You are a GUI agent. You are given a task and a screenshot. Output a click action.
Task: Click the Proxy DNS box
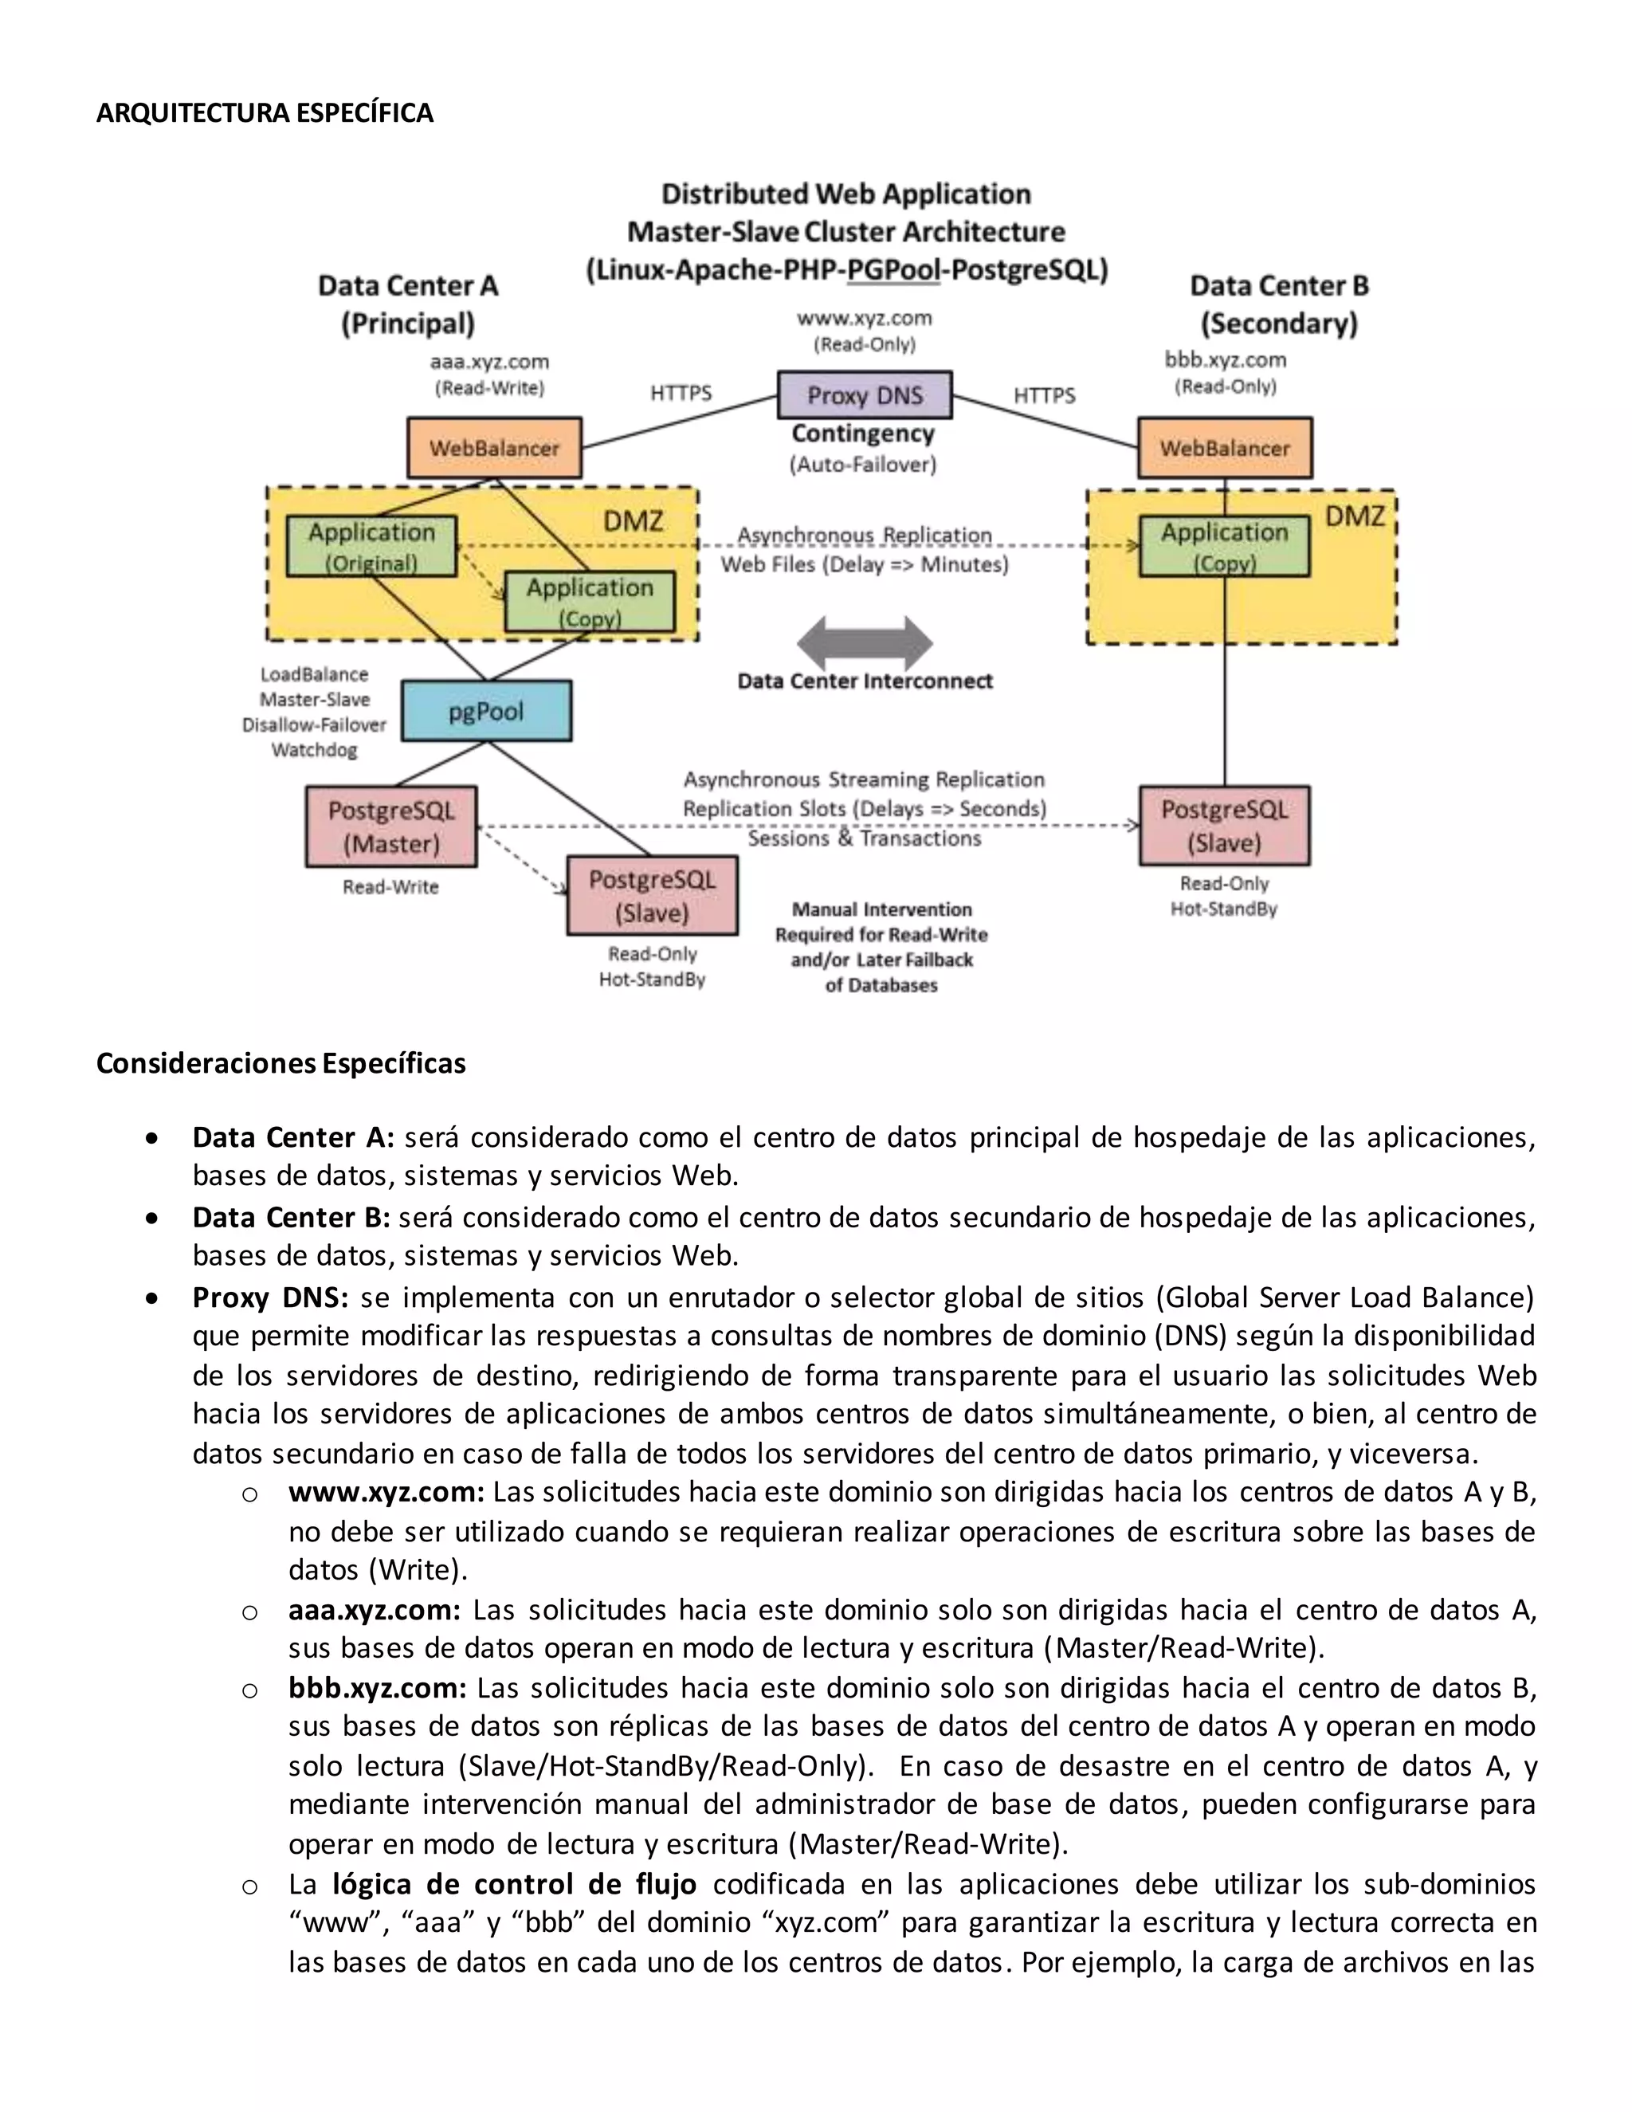pos(865,395)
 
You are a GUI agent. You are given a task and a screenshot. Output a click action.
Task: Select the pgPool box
pos(486,711)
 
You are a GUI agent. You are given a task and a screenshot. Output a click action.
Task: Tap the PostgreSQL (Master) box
pos(390,826)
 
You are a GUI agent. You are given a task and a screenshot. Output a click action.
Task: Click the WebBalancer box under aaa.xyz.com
pos(494,448)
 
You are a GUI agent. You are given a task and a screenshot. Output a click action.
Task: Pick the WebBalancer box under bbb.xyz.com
pos(1224,448)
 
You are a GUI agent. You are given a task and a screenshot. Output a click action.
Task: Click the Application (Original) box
pos(371,547)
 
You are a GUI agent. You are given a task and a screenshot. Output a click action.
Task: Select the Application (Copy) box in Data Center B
pos(1224,547)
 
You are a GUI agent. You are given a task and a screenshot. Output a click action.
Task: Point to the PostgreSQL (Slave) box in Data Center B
pos(1224,825)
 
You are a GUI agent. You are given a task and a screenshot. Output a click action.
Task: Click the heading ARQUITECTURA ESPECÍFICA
pos(264,113)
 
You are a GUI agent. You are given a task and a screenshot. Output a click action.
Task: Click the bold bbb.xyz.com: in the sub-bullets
pos(377,1687)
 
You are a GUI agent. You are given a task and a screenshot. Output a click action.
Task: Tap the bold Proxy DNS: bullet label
pos(270,1297)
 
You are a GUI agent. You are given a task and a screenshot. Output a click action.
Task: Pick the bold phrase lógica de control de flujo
pos(513,1884)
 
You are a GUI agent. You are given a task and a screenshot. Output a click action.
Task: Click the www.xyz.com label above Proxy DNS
pos(865,318)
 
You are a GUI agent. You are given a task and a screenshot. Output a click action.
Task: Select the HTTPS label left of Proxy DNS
pos(681,393)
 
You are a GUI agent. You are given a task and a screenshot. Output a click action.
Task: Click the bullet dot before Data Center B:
pos(151,1219)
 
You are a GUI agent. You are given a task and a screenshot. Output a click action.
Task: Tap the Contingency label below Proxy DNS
pos(863,434)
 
